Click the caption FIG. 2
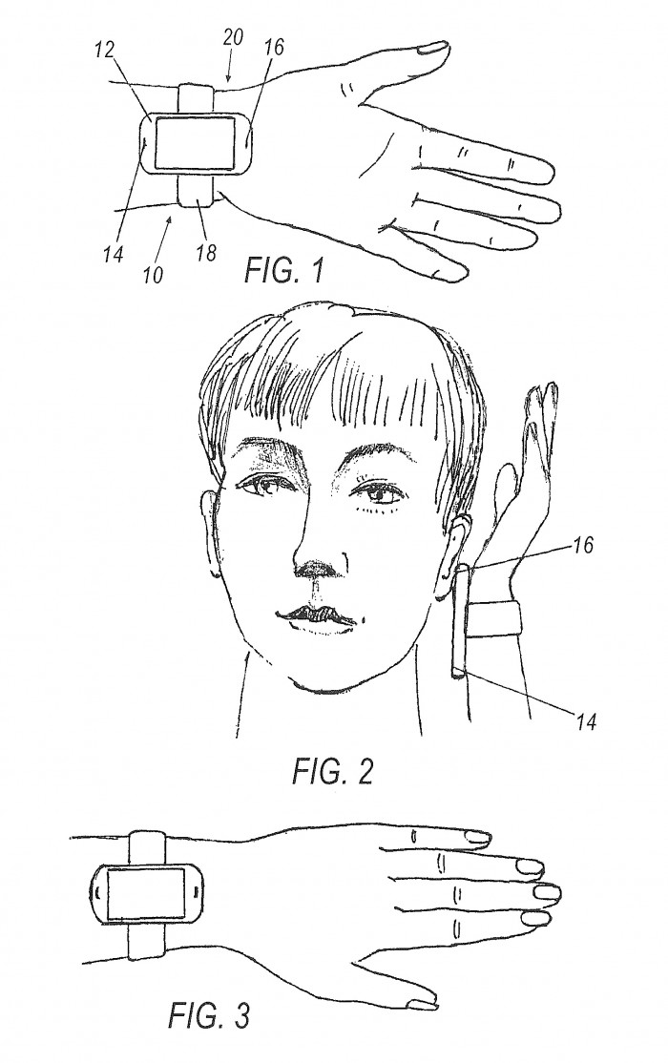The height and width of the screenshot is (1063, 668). tap(332, 771)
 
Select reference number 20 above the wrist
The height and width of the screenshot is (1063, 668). tap(233, 36)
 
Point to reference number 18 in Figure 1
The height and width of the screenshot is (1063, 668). tap(206, 252)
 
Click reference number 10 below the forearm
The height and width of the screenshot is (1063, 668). tap(154, 275)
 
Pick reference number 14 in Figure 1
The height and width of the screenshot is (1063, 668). tap(114, 254)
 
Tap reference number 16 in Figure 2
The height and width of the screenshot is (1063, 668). tap(582, 544)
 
